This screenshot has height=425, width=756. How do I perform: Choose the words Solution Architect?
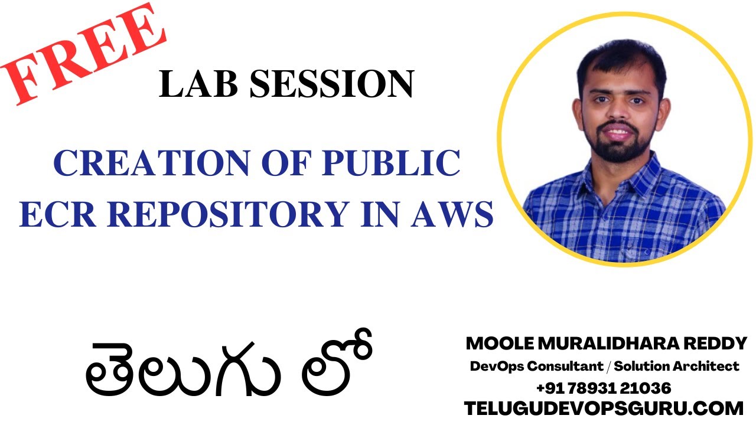[677, 367]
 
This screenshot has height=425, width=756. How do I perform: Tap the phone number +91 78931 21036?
[603, 388]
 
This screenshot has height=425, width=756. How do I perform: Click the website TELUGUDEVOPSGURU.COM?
[604, 408]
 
